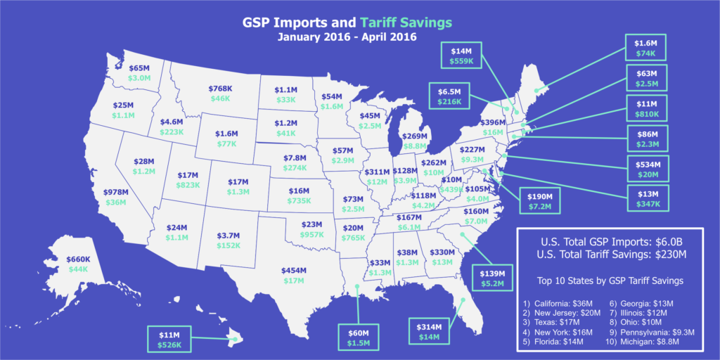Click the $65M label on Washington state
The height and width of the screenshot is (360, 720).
(x=139, y=68)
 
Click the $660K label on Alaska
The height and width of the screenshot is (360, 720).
(x=78, y=259)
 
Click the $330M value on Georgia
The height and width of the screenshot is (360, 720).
(x=442, y=252)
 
